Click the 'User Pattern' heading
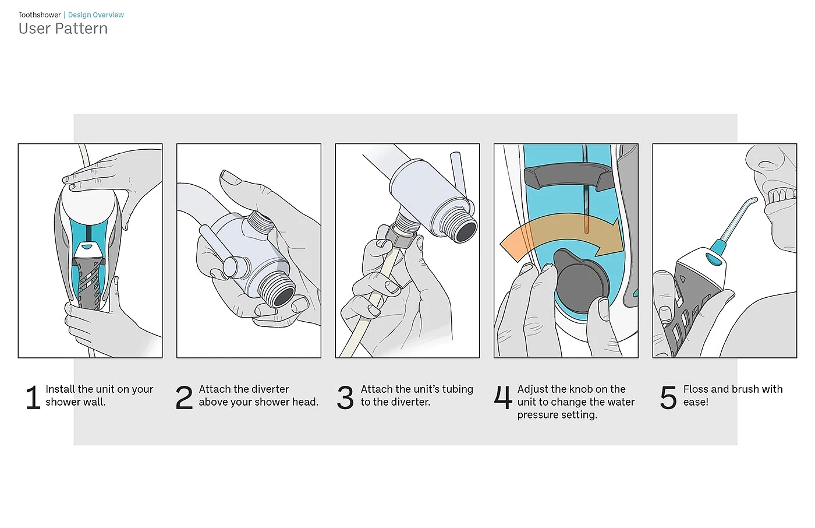tap(63, 29)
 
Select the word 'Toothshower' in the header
tap(40, 15)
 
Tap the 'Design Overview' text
tap(96, 15)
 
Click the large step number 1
tap(33, 397)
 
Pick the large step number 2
tap(184, 397)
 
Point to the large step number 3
tap(345, 397)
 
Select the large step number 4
tap(503, 397)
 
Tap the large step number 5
tap(668, 397)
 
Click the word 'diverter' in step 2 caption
tap(271, 389)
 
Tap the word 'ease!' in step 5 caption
tap(696, 402)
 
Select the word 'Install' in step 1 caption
tap(60, 389)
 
